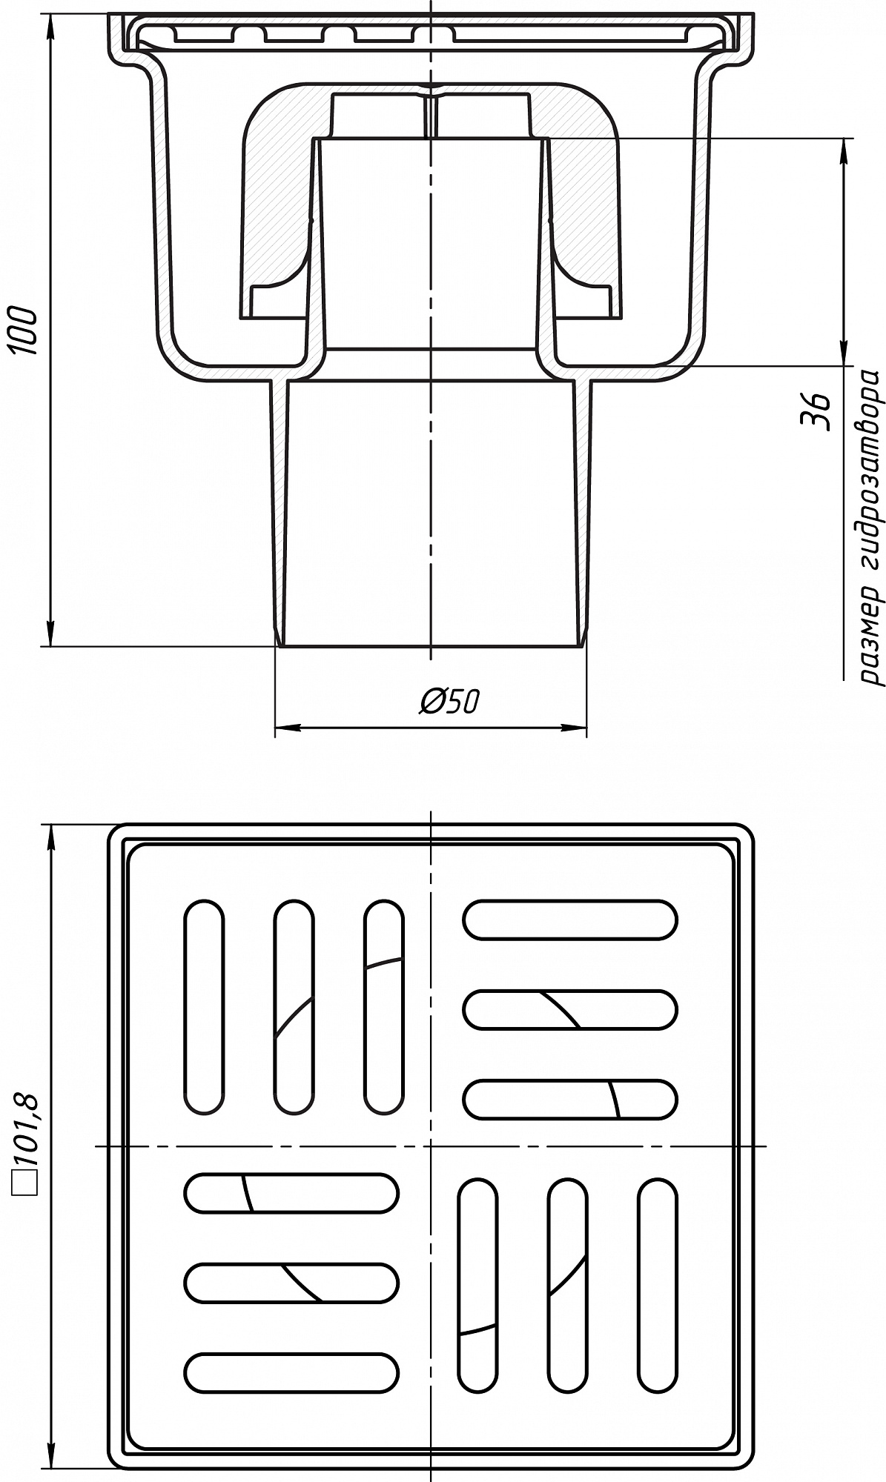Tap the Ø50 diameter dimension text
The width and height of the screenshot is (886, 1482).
point(449,700)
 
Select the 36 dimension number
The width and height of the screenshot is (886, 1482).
point(816,411)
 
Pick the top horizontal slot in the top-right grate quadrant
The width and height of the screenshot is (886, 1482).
point(570,920)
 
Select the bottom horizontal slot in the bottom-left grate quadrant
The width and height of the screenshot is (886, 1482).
point(291,1372)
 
